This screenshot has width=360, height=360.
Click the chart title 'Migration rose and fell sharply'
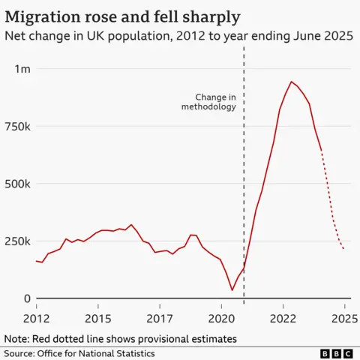coord(124,15)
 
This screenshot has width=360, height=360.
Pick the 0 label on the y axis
coord(26,298)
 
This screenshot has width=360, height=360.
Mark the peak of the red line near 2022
coord(291,82)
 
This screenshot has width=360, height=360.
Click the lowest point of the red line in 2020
coord(232,289)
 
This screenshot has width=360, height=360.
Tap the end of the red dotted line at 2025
coord(344,250)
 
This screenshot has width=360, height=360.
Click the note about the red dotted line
coord(120,338)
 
